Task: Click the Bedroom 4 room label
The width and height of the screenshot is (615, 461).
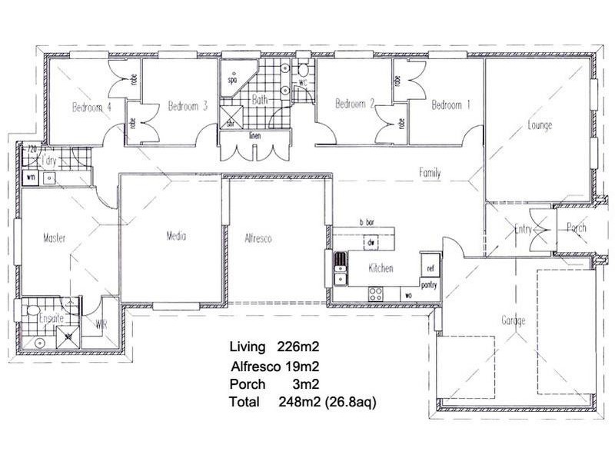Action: click(x=92, y=108)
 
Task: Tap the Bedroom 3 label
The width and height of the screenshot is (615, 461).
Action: click(x=188, y=107)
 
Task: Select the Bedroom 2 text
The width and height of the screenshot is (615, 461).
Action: click(x=355, y=104)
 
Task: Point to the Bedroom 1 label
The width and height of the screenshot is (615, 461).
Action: click(x=451, y=105)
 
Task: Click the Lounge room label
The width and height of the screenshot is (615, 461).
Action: click(x=540, y=125)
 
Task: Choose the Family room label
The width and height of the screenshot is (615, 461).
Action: click(x=430, y=173)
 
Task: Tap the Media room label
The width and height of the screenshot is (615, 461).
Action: click(x=176, y=237)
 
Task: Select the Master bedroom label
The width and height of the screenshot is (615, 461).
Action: click(x=56, y=238)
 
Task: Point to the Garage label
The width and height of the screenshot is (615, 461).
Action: click(x=513, y=321)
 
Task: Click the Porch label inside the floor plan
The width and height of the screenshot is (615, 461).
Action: click(x=577, y=228)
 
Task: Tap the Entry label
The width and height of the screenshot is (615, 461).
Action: click(x=524, y=229)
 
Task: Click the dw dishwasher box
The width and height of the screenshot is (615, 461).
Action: click(x=371, y=244)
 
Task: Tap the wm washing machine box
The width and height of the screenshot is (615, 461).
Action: click(x=32, y=177)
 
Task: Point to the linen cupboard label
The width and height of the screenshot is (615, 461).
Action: click(x=254, y=137)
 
